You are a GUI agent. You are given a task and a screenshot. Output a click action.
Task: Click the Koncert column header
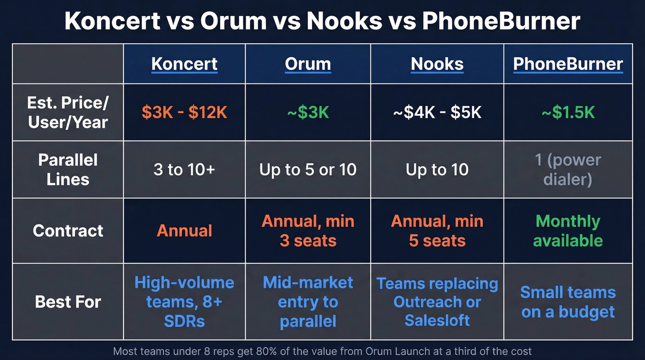pyautogui.click(x=184, y=64)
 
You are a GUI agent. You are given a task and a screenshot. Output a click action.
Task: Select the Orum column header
pyautogui.click(x=308, y=64)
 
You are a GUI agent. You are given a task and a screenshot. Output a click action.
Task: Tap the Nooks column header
pyautogui.click(x=437, y=64)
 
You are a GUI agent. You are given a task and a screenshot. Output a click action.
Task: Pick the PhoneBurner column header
pyautogui.click(x=568, y=64)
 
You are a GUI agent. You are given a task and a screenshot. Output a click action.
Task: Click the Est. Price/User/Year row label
pyautogui.click(x=68, y=112)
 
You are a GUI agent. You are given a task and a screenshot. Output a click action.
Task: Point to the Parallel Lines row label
pyautogui.click(x=68, y=169)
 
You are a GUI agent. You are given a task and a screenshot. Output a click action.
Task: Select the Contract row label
pyautogui.click(x=68, y=230)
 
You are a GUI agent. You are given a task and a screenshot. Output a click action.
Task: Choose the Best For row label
pyautogui.click(x=68, y=302)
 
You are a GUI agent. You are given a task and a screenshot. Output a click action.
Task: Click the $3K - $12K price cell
pyautogui.click(x=184, y=112)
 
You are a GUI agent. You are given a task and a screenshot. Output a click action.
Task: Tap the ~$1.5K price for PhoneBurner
pyautogui.click(x=568, y=112)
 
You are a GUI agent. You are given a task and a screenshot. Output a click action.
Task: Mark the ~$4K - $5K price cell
pyautogui.click(x=437, y=112)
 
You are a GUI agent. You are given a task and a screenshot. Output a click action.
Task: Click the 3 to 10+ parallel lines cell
pyautogui.click(x=184, y=170)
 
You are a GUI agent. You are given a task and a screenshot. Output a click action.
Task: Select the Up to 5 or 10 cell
pyautogui.click(x=308, y=170)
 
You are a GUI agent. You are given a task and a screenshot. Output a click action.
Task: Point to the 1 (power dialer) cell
pyautogui.click(x=568, y=169)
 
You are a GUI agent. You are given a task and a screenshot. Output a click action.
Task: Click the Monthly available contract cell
pyautogui.click(x=568, y=230)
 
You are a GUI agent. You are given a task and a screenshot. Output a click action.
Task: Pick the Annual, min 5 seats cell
pyautogui.click(x=437, y=230)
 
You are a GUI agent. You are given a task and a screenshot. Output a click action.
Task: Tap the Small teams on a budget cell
pyautogui.click(x=568, y=302)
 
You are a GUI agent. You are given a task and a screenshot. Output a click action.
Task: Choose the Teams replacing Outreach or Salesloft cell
pyautogui.click(x=437, y=302)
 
